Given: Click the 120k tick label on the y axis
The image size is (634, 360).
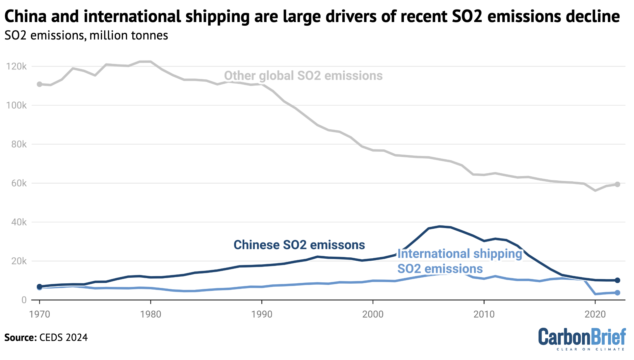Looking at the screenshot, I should (x=16, y=67).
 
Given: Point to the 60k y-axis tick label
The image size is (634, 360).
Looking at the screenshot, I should (x=19, y=184).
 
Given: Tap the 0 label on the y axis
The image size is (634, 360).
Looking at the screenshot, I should (x=24, y=300).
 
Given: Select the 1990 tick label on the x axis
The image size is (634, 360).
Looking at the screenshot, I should (x=262, y=314).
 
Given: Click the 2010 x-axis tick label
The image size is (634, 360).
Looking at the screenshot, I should (x=484, y=314).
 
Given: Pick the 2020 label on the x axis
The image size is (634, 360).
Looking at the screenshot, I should (x=595, y=314).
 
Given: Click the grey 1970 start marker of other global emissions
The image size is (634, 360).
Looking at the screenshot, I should (x=40, y=84).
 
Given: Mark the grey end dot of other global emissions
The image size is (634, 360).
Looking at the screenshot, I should (x=618, y=184).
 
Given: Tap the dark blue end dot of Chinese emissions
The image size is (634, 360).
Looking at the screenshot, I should (x=618, y=280).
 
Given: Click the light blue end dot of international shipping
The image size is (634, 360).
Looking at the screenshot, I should (x=618, y=293).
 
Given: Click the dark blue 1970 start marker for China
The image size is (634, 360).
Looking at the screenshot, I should (x=40, y=286).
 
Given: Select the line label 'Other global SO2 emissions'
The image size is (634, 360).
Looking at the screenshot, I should (x=303, y=76).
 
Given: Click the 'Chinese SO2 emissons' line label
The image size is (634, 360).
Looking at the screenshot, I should (x=299, y=245).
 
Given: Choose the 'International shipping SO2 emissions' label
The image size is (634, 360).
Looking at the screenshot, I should (x=459, y=261).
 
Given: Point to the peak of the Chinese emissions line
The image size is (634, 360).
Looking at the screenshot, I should (x=440, y=226).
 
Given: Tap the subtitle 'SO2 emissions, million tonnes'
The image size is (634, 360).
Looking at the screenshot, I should (x=86, y=36).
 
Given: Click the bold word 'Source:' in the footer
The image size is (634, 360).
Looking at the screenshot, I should (x=20, y=338).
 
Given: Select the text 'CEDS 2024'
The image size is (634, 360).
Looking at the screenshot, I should (x=64, y=338).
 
